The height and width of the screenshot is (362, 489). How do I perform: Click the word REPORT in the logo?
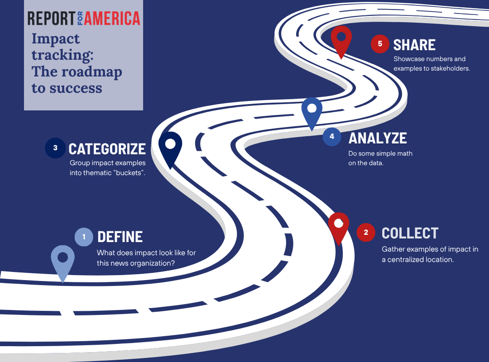coord(51,19)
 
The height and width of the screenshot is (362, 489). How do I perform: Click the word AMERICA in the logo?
coord(112,19)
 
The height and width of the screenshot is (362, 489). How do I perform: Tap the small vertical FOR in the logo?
coord(80,19)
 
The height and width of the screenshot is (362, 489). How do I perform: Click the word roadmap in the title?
coord(91,72)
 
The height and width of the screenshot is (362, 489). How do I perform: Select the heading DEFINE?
coord(120,237)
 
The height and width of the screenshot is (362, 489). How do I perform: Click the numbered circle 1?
coord(84,237)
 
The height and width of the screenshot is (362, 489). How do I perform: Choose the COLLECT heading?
coord(410,233)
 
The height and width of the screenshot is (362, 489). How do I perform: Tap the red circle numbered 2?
coord(366,232)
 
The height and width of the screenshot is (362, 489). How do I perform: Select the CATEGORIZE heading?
coord(107,149)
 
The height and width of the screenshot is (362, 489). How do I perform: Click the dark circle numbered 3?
coord(55,148)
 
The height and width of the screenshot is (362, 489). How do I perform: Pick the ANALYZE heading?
coord(378,138)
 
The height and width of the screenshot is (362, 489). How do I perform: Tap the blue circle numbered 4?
coord(332,137)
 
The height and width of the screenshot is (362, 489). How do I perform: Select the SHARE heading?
coord(414,45)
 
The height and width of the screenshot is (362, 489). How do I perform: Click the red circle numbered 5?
coord(380,43)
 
